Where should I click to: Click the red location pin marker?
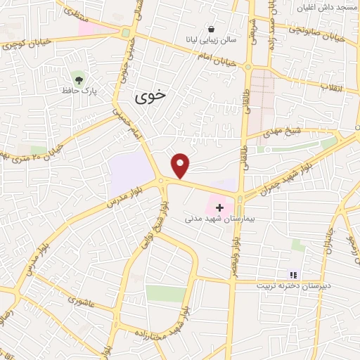coord(181,165)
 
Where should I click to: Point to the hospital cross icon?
coord(220,207)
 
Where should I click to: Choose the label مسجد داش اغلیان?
coord(327,7)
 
